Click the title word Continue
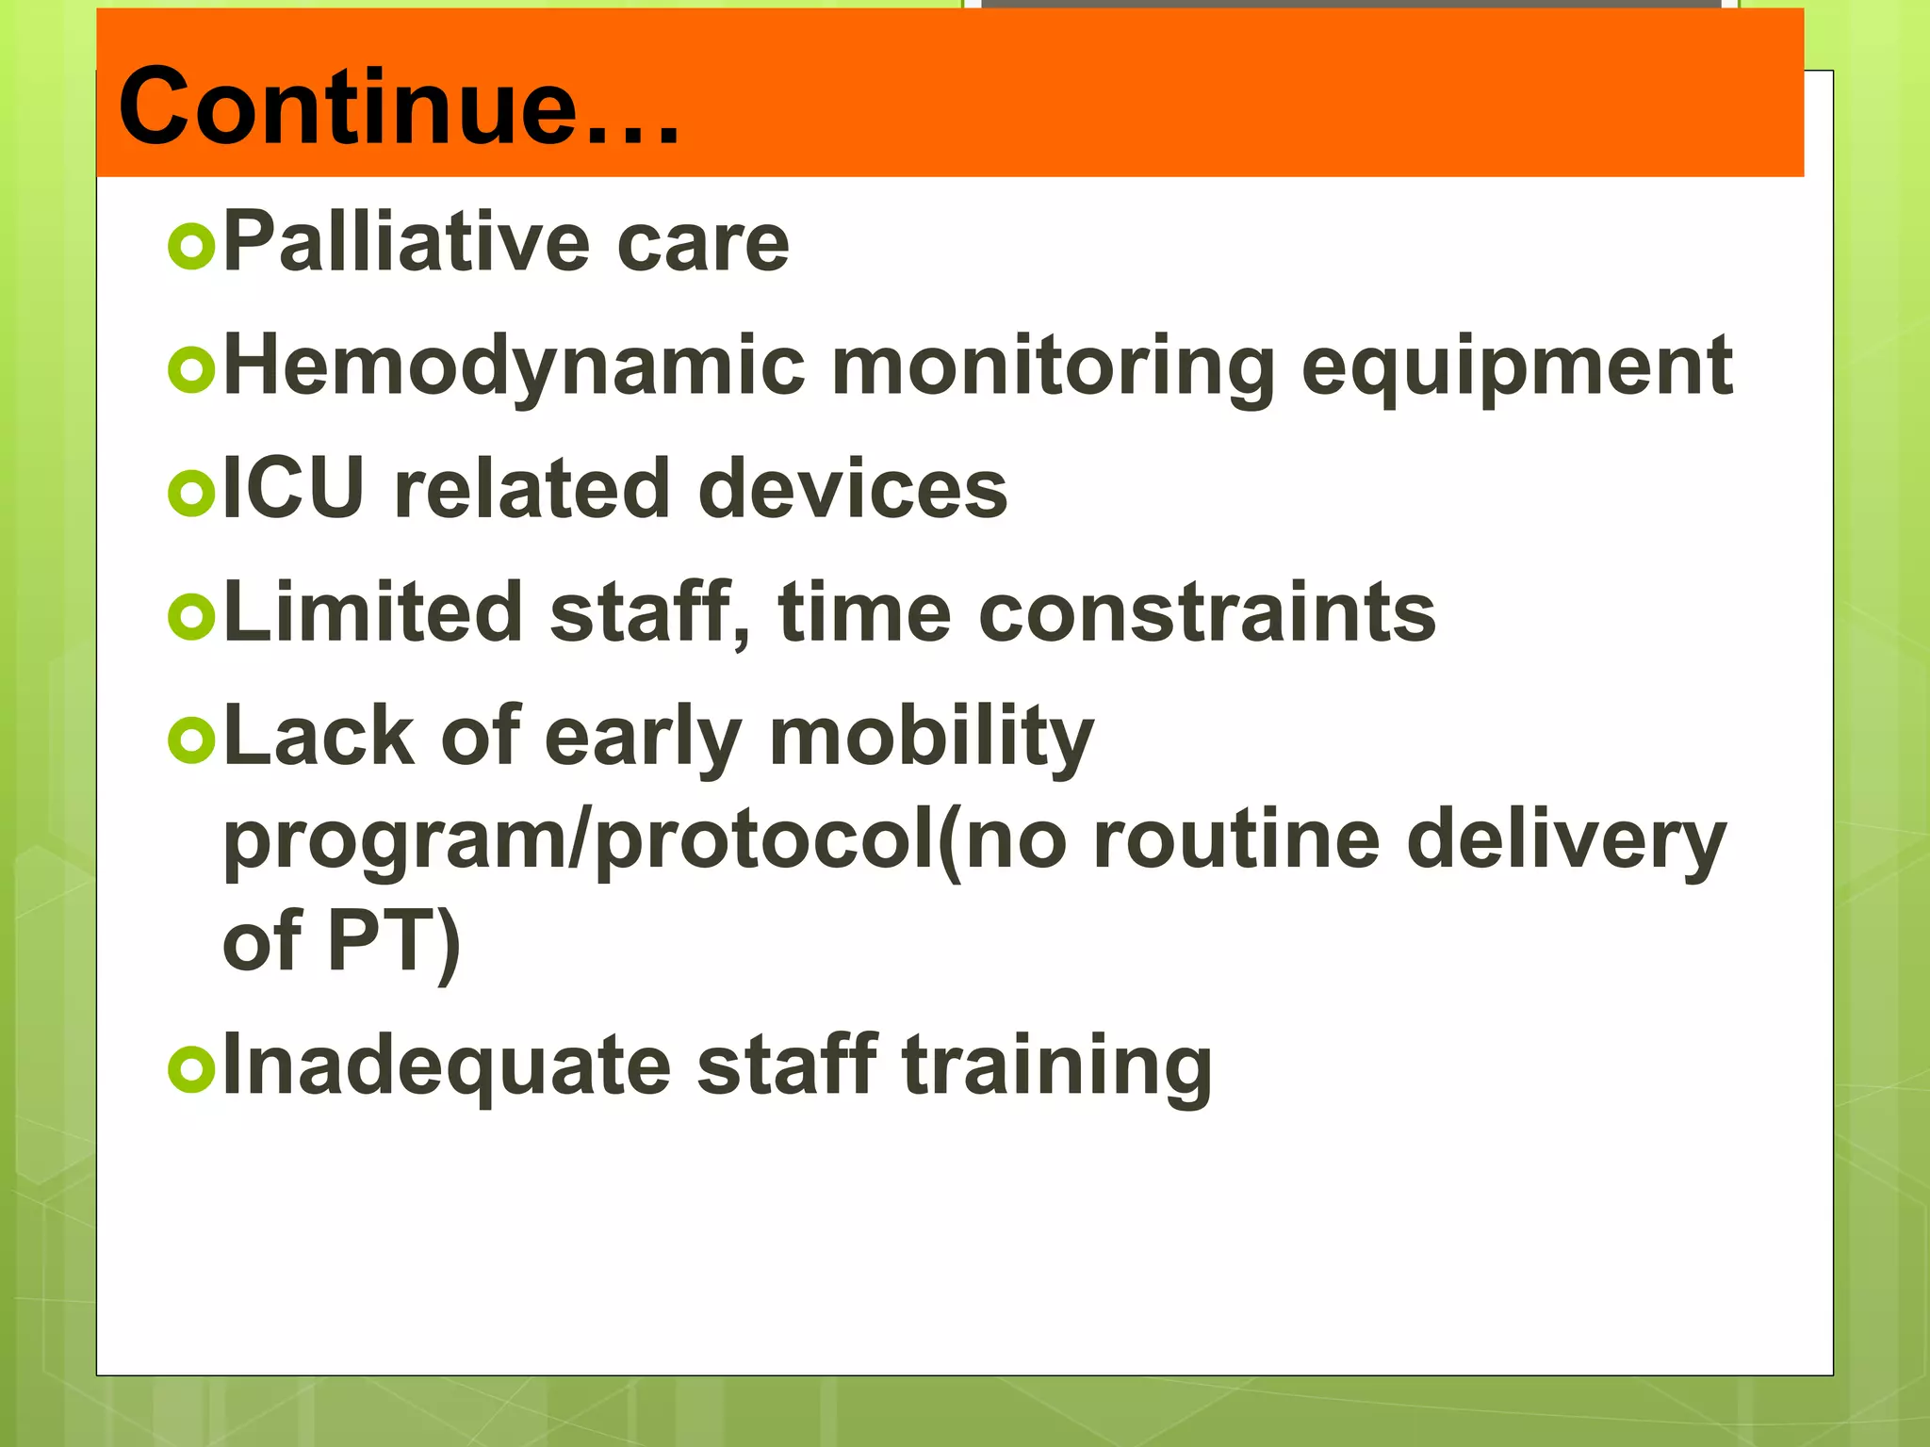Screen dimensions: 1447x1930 tap(396, 106)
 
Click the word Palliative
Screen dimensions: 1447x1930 tap(405, 242)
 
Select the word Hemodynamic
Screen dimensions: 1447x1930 tap(515, 367)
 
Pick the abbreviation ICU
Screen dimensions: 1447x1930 tap(293, 488)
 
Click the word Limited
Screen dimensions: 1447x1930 tap(373, 612)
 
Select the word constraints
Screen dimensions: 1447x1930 tap(1207, 614)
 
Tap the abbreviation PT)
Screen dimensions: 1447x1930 tap(394, 941)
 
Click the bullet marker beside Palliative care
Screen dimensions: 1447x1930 tap(191, 247)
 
